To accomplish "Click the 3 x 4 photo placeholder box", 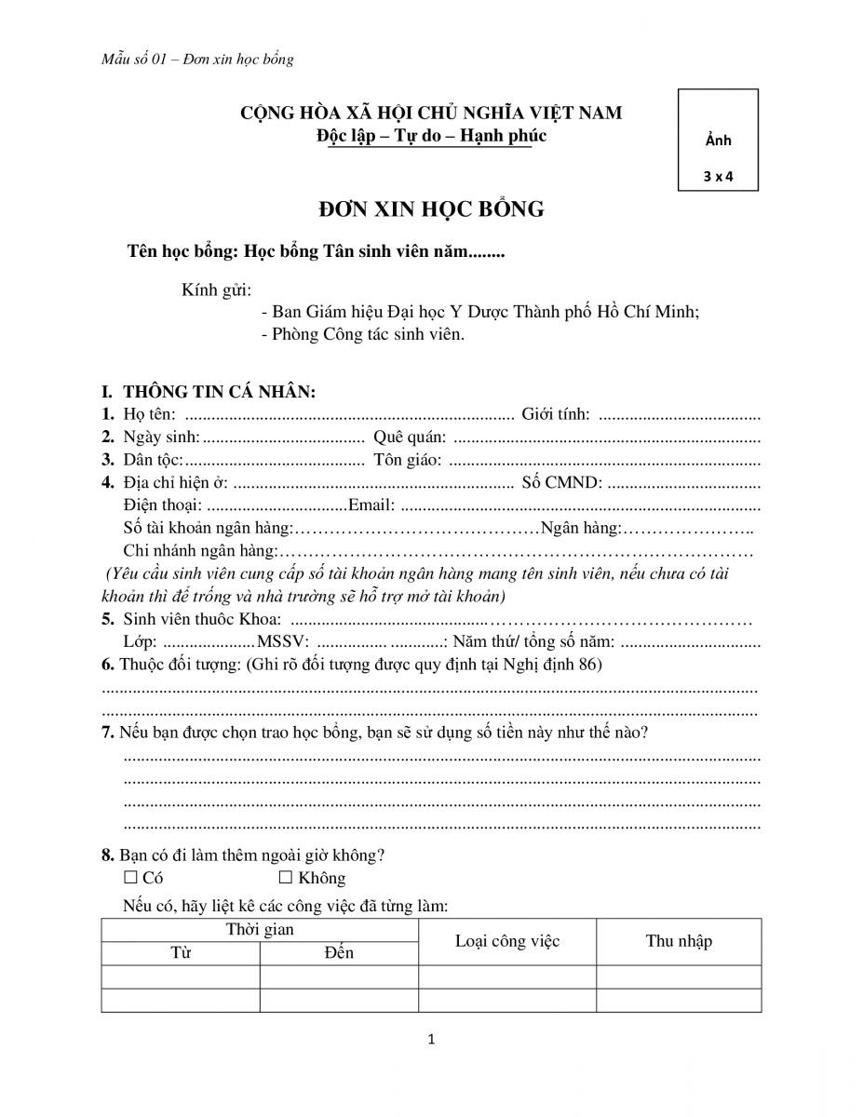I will tap(718, 140).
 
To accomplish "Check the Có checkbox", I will tap(130, 878).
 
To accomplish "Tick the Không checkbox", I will tap(286, 878).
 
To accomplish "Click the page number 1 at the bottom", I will tap(431, 1040).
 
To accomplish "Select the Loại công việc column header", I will tap(507, 941).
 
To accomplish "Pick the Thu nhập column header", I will tap(679, 941).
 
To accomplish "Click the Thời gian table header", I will tap(260, 930).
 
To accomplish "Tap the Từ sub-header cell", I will tap(180, 953).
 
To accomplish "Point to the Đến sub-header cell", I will tap(339, 953).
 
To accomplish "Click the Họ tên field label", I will tap(148, 414).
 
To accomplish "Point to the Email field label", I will tap(371, 505).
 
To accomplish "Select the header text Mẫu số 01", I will tap(139, 60).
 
